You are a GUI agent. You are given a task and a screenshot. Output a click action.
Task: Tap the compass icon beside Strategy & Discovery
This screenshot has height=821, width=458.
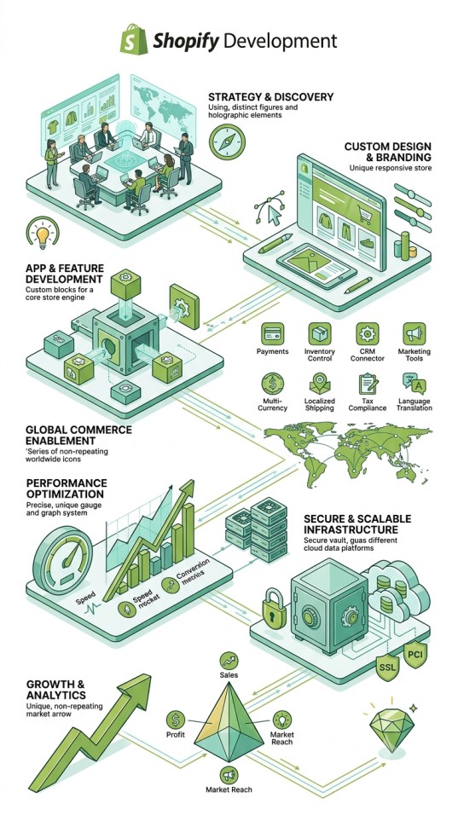tap(226, 142)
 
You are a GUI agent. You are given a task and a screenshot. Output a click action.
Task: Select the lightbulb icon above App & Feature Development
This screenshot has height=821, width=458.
tap(42, 234)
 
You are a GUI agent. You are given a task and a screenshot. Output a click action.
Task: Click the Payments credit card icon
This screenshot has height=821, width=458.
tap(272, 333)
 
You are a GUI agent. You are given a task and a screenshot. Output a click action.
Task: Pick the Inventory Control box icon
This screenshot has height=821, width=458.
tap(319, 333)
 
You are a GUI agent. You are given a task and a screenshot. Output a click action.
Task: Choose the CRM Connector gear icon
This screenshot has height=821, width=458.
tap(367, 333)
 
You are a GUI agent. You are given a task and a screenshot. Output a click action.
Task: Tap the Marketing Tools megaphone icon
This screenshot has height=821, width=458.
tap(414, 333)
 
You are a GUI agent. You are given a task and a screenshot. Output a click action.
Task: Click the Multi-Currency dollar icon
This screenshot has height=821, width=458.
tap(272, 384)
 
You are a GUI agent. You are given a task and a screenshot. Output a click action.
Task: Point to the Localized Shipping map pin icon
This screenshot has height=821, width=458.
tap(320, 384)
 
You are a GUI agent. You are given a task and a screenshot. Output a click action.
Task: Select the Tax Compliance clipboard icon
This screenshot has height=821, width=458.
tap(367, 384)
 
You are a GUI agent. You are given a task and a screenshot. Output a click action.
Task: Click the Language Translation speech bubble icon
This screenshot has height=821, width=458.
tap(414, 384)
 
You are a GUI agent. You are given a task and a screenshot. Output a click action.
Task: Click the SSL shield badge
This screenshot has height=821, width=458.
tap(388, 667)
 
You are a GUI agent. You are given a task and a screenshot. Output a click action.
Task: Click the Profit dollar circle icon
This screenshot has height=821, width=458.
tap(176, 720)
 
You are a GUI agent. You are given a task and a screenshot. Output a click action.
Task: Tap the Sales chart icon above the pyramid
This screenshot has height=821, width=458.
tap(229, 660)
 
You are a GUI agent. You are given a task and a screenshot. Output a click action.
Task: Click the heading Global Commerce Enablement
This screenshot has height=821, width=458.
tap(78, 435)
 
